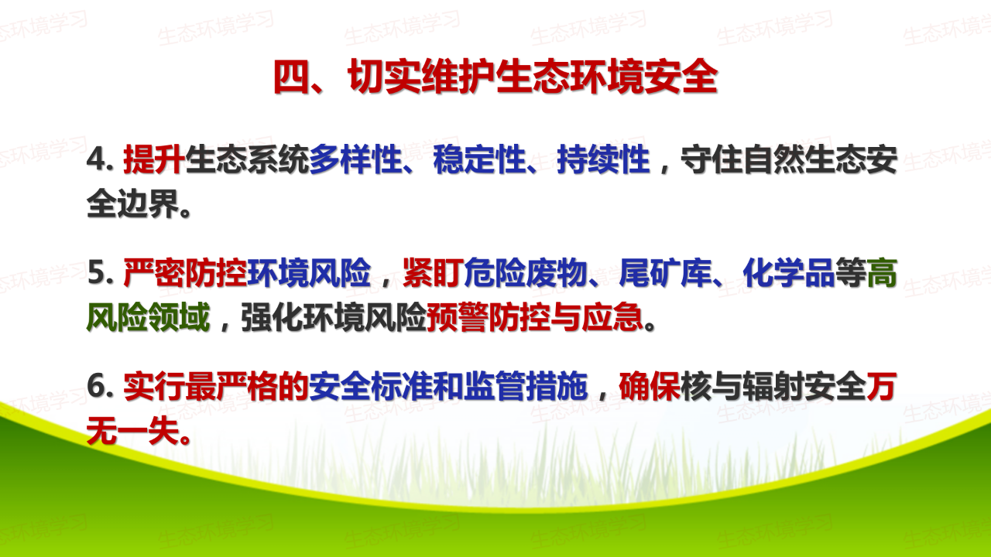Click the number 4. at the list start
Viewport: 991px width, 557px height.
point(100,160)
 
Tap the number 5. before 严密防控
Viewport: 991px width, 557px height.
point(100,273)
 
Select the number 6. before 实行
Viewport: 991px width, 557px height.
point(100,386)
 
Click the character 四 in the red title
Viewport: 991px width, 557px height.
point(291,77)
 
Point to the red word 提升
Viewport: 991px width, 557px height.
point(154,159)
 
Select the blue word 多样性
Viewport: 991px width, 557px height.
point(355,159)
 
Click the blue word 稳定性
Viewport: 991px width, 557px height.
point(479,159)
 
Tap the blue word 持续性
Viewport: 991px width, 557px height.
point(603,159)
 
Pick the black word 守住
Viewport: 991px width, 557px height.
point(712,159)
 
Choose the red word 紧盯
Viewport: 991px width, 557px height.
point(433,273)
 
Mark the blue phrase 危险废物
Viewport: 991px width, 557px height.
point(526,273)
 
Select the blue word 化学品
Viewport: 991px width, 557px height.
point(789,273)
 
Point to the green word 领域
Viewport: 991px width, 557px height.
point(179,317)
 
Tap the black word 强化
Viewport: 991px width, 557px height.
point(272,317)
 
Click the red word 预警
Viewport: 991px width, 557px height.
point(458,317)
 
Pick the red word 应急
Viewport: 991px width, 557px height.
point(612,317)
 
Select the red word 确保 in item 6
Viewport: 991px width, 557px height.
point(650,386)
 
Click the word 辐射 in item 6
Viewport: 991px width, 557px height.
point(773,386)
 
